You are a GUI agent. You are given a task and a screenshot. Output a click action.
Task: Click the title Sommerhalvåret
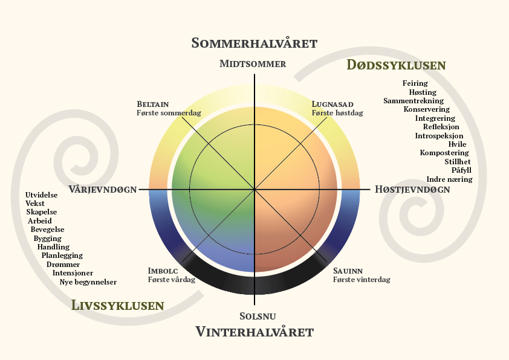[254, 43]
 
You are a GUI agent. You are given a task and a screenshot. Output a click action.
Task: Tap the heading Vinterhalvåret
[254, 332]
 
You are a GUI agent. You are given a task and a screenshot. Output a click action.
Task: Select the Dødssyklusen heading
[396, 65]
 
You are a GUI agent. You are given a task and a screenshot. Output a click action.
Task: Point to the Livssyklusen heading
[117, 306]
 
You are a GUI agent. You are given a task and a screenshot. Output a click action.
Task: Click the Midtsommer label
[253, 63]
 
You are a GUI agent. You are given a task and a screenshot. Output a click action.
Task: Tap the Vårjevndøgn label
[103, 189]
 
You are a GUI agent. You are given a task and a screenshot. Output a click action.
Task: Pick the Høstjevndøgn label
[412, 189]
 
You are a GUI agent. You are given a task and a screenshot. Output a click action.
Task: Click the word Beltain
[152, 104]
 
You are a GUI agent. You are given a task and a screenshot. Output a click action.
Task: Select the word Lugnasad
[332, 104]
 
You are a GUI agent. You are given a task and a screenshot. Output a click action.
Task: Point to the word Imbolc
[163, 271]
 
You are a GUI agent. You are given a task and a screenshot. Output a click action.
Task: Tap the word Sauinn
[348, 271]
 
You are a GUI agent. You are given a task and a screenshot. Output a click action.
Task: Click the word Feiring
[415, 83]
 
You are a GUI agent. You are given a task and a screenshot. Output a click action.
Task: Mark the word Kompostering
[444, 153]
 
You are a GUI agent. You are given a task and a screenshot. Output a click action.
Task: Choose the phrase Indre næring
[449, 179]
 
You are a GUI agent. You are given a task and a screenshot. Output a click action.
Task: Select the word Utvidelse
[42, 194]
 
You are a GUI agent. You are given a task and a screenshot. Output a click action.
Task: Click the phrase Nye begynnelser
[88, 281]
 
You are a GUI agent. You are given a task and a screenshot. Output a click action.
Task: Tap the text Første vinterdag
[361, 280]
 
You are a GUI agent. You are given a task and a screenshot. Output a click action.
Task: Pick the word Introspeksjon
[439, 136]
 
